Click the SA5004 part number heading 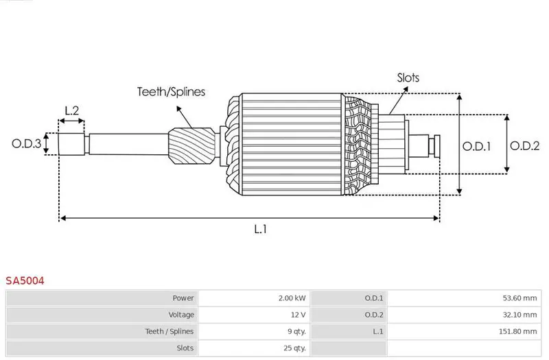(25, 280)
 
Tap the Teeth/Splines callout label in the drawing (171, 92)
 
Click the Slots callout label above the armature (408, 77)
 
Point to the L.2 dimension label (72, 110)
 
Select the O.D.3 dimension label (26, 143)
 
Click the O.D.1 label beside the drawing (476, 146)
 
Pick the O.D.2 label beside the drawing (524, 145)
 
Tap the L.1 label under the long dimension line (261, 229)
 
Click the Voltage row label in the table (181, 315)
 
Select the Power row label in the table (183, 298)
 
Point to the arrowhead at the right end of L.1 (436, 218)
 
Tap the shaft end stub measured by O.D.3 (71, 144)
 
